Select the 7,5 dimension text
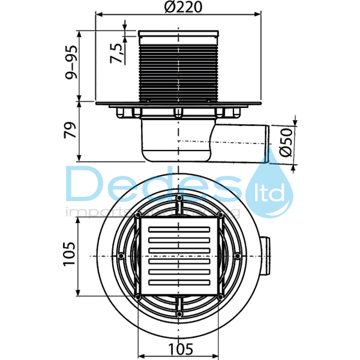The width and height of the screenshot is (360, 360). click(x=118, y=50)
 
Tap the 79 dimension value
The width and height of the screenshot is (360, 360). click(x=72, y=132)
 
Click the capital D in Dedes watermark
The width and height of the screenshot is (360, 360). click(x=87, y=184)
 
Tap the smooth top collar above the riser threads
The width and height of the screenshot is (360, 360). click(x=178, y=35)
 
